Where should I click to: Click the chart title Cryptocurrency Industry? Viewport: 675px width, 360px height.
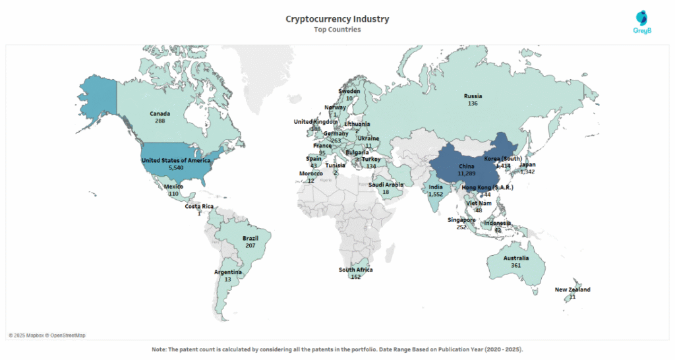coord(337,19)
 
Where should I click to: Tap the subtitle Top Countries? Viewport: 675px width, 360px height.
coord(337,30)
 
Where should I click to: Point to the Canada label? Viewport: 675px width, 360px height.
coord(160,113)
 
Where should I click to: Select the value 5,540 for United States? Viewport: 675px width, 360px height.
coord(176,168)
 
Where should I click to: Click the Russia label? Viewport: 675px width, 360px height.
coord(473,96)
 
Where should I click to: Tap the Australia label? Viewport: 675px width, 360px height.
coord(515,258)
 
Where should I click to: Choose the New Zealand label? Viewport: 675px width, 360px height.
coord(572,289)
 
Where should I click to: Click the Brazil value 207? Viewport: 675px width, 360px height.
coord(250,245)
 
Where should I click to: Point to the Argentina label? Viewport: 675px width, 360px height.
coord(228,272)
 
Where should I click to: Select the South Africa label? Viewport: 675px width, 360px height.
coord(356,270)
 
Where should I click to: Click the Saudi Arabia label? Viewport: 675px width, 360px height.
coord(385,185)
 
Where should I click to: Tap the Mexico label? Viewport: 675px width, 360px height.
coord(174,187)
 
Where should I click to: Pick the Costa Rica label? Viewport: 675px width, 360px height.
coord(199,206)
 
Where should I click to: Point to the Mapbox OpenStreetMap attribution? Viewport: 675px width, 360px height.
coord(47,336)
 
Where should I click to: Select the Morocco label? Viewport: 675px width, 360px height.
coord(311,173)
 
